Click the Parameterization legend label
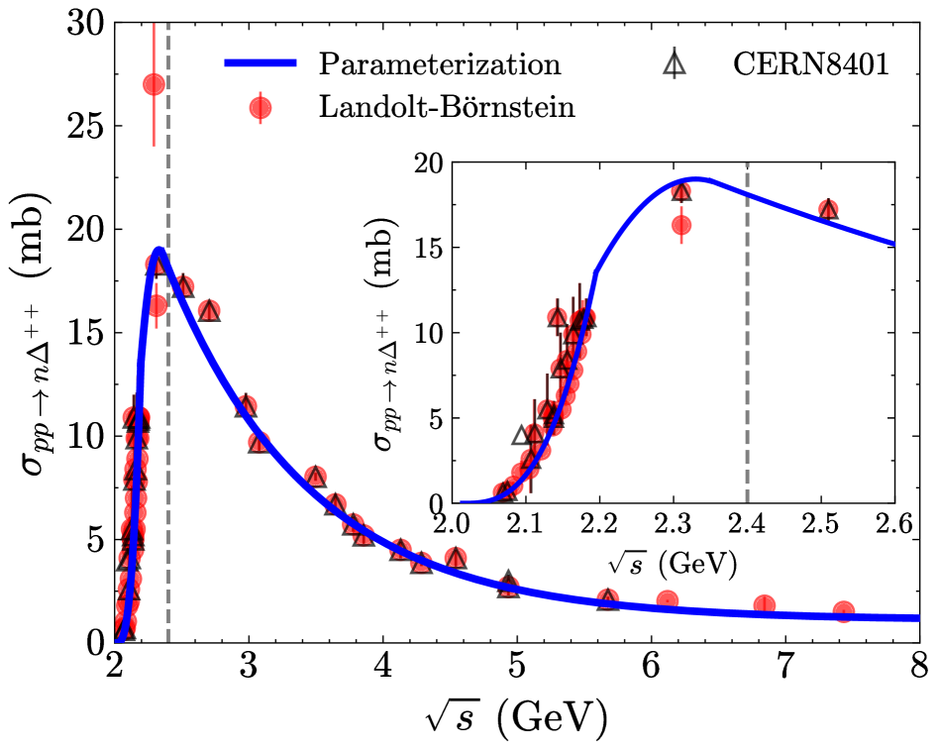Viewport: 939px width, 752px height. pyautogui.click(x=440, y=65)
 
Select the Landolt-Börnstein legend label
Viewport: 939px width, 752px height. pyautogui.click(x=447, y=107)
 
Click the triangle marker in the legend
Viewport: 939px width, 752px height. pyautogui.click(x=676, y=65)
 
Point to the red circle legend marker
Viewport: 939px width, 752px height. pyautogui.click(x=261, y=108)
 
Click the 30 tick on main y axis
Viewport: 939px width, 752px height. pyautogui.click(x=87, y=24)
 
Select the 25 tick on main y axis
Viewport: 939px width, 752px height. pyautogui.click(x=87, y=127)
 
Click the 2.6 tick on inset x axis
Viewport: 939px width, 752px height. pyautogui.click(x=895, y=522)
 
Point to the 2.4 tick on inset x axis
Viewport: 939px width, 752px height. pyautogui.click(x=748, y=522)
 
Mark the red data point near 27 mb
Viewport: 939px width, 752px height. pyautogui.click(x=154, y=84)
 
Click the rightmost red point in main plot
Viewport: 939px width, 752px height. pyautogui.click(x=844, y=611)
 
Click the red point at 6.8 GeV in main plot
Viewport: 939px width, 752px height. pyautogui.click(x=765, y=604)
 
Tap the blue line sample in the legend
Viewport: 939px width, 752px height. pyautogui.click(x=260, y=65)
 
